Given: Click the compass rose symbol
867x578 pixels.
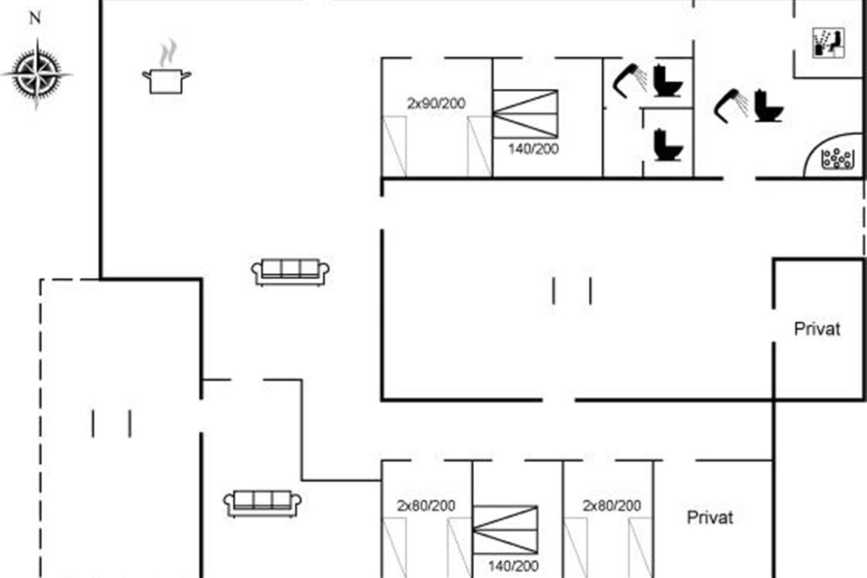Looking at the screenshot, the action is pos(37,74).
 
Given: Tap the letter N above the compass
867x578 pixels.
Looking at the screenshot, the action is pos(35,18).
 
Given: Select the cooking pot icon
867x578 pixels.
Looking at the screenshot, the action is pos(166,81).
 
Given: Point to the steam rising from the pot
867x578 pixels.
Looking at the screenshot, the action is pos(168,53).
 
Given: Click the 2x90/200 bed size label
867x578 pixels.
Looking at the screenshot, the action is pos(436,103).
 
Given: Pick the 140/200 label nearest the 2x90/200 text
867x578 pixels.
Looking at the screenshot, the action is pos(533,149).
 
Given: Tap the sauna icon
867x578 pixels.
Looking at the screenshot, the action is pos(828,43).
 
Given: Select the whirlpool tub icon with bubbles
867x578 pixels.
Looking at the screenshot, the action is pos(838,159).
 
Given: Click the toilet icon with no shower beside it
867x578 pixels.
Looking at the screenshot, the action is pos(668,144).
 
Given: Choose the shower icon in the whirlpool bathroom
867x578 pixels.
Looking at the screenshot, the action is pos(730,105).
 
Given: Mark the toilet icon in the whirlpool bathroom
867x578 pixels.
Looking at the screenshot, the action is pos(769,105).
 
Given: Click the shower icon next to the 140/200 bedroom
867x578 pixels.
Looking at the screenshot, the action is pos(630,80).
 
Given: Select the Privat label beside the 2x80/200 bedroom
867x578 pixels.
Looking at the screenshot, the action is pos(709,517).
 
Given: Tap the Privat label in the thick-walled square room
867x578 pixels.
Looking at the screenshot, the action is pos(817,329).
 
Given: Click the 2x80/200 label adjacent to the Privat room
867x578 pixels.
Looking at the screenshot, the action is pos(612,506).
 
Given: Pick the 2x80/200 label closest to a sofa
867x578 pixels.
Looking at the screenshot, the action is pos(426,506).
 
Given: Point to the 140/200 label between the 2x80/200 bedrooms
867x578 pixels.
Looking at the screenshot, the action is pos(513,566).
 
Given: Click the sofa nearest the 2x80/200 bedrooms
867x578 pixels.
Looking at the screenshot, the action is pos(262,504).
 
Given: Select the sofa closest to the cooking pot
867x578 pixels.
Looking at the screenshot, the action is pos(290,272).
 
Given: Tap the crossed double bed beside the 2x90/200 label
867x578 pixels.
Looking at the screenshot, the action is pos(525,114).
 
